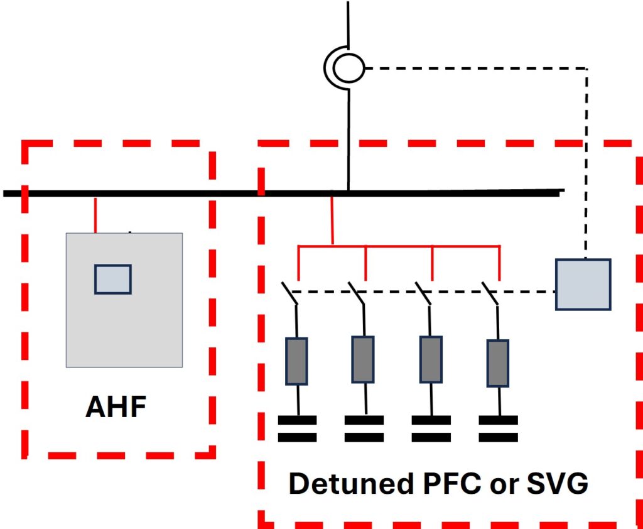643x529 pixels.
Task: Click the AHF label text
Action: pyautogui.click(x=116, y=406)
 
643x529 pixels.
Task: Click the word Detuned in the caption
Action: pyautogui.click(x=351, y=483)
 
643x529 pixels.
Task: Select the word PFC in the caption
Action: pyautogui.click(x=452, y=483)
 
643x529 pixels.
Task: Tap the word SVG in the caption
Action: pyautogui.click(x=558, y=483)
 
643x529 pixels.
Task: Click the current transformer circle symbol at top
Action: pyautogui.click(x=349, y=68)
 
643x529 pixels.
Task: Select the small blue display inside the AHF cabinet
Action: pyautogui.click(x=113, y=279)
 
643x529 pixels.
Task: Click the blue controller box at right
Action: pyautogui.click(x=583, y=284)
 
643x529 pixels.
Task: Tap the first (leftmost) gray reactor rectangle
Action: pyautogui.click(x=296, y=361)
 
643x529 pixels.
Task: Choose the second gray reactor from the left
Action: pyautogui.click(x=363, y=359)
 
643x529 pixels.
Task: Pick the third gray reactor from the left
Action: pyautogui.click(x=431, y=359)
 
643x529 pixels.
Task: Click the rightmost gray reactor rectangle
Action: pyautogui.click(x=498, y=363)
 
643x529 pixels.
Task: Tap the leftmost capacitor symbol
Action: pyautogui.click(x=297, y=429)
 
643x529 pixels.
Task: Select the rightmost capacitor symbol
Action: pyautogui.click(x=498, y=429)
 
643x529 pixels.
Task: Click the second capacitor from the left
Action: pyautogui.click(x=364, y=429)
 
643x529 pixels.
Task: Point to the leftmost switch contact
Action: pyautogui.click(x=289, y=293)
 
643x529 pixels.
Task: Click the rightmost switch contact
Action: pyautogui.click(x=490, y=293)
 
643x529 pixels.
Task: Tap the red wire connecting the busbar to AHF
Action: pyautogui.click(x=95, y=215)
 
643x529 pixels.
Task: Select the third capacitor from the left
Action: pyautogui.click(x=431, y=429)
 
